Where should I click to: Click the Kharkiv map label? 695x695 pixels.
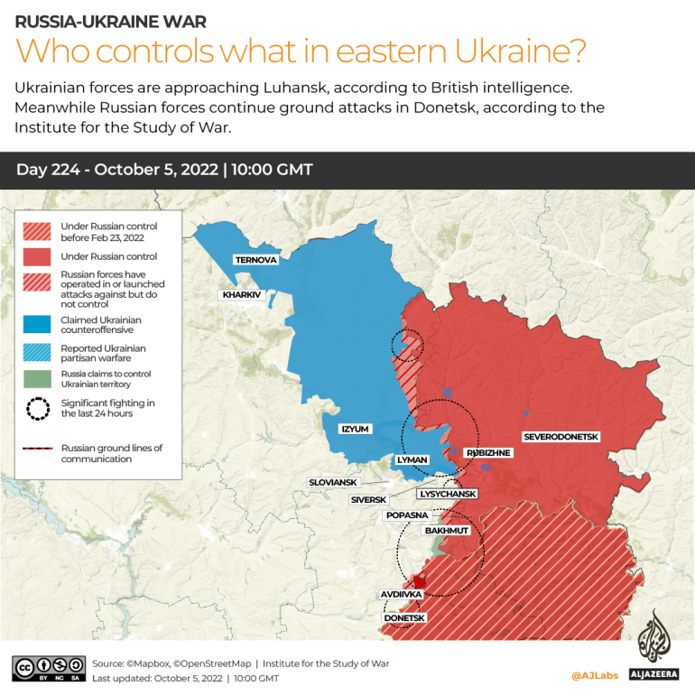tap(241, 294)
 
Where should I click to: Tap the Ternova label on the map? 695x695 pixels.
tap(256, 260)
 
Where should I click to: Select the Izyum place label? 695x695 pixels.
tap(355, 429)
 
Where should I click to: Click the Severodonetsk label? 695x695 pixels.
tap(561, 437)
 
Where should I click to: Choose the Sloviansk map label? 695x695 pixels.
tap(333, 483)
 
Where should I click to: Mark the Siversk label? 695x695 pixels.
tap(368, 499)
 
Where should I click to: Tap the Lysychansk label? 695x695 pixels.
tap(448, 494)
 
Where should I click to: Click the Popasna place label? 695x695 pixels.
tap(406, 514)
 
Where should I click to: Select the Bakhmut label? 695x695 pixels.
tap(447, 531)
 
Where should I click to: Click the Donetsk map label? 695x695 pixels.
tap(404, 617)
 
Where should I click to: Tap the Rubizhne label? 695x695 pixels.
tap(487, 452)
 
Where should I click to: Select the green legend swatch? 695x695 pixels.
tap(38, 378)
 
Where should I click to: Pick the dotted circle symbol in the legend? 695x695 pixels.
tap(38, 408)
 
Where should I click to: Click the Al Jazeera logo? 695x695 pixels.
tap(655, 650)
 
